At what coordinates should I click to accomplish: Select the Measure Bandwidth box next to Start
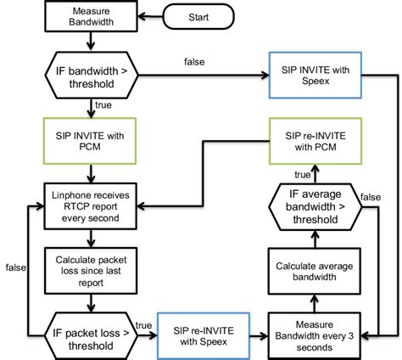point(92,16)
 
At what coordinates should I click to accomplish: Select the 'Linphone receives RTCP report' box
point(92,204)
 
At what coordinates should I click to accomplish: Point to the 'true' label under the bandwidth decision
point(103,105)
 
